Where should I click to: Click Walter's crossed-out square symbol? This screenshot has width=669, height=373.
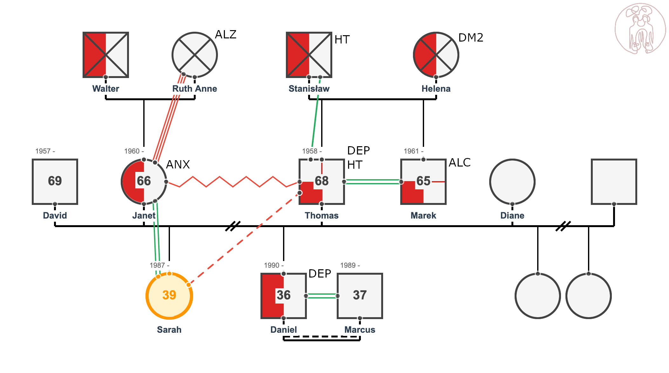(106, 55)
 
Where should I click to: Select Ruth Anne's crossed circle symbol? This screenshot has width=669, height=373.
(195, 55)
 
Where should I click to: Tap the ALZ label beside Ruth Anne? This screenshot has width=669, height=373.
(226, 34)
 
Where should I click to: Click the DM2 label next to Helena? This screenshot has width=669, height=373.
(471, 37)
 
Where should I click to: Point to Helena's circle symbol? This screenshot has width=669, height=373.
(436, 55)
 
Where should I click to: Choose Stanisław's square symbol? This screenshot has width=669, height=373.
(309, 55)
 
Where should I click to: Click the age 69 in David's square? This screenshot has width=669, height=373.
(55, 181)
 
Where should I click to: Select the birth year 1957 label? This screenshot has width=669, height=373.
(45, 151)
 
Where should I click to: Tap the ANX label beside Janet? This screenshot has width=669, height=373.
(178, 164)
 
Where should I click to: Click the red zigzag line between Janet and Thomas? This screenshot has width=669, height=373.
(233, 182)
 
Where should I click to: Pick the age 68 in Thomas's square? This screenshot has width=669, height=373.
(322, 181)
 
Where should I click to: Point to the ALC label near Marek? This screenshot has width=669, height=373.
(460, 162)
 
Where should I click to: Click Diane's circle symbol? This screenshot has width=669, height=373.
(512, 182)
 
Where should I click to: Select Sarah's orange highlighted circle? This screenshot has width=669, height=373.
(169, 296)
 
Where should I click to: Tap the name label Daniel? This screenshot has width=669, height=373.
(284, 330)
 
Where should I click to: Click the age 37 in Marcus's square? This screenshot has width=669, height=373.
(360, 295)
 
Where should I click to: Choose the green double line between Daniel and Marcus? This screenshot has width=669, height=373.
(322, 296)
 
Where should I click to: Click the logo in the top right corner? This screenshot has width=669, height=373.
(640, 29)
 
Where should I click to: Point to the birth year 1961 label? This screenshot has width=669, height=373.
(414, 151)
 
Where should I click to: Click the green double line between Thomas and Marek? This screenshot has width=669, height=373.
(373, 182)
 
